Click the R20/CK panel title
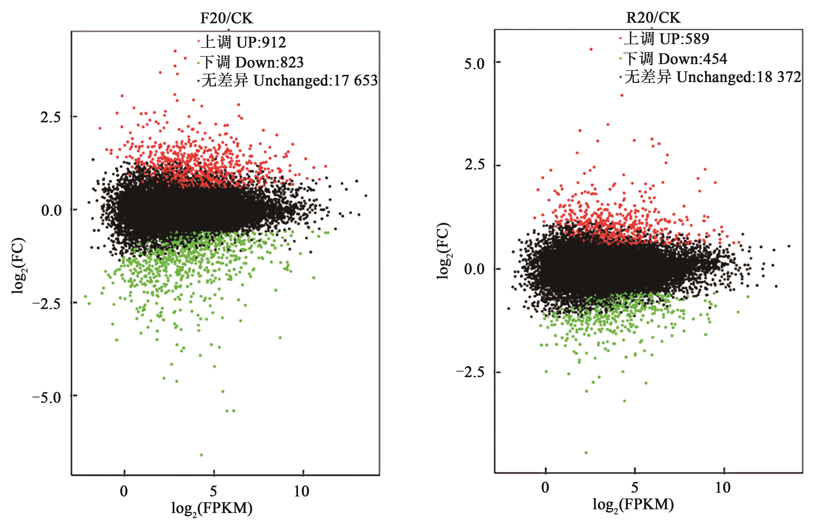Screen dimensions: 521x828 pyautogui.click(x=653, y=18)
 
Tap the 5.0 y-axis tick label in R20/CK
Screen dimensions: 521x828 pyautogui.click(x=474, y=64)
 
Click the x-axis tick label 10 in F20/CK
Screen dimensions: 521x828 pyautogui.click(x=301, y=491)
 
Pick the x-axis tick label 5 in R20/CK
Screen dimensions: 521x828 pyautogui.click(x=634, y=487)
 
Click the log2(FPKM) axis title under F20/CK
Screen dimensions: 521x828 pyautogui.click(x=212, y=508)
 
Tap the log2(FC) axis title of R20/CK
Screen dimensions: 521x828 pyautogui.click(x=444, y=251)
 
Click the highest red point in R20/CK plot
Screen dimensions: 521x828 pyautogui.click(x=591, y=49)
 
